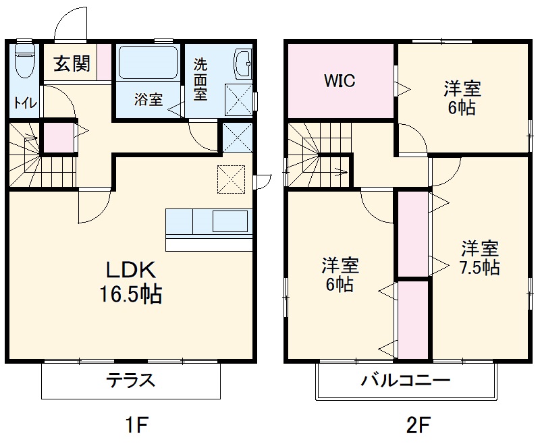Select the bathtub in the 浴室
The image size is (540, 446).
tap(148, 63)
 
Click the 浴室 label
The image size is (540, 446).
tap(148, 100)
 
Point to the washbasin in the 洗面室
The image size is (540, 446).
tap(242, 65)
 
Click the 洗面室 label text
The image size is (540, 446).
tap(200, 80)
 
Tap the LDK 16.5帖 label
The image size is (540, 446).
tap(132, 282)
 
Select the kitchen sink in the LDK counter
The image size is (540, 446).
tap(230, 221)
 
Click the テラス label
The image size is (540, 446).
tap(131, 380)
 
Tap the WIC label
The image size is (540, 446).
tap(340, 81)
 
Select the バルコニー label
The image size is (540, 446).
tap(405, 380)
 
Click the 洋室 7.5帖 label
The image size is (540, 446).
tap(480, 257)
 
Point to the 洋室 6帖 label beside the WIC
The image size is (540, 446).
tap(462, 97)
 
